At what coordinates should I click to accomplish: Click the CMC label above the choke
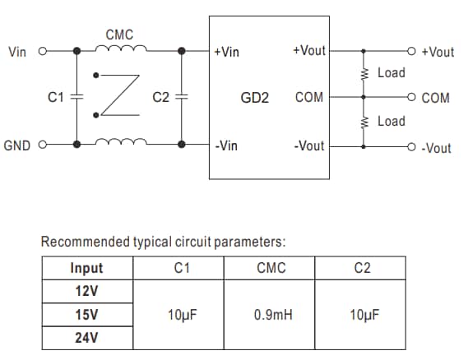click(x=119, y=35)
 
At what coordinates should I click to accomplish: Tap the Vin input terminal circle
click(x=41, y=52)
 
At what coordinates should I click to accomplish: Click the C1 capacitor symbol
click(x=77, y=97)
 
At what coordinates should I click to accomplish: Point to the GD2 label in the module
click(x=255, y=98)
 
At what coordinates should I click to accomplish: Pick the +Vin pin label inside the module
click(x=226, y=52)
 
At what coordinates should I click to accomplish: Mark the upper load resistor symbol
click(x=363, y=74)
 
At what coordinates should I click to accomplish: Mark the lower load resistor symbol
click(x=363, y=122)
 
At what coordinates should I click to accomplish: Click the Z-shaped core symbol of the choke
click(x=118, y=97)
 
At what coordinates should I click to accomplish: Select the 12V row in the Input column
click(x=86, y=292)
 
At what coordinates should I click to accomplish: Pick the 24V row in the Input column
click(x=86, y=338)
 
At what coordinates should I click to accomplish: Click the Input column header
click(x=86, y=268)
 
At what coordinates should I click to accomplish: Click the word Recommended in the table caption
click(x=86, y=242)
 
